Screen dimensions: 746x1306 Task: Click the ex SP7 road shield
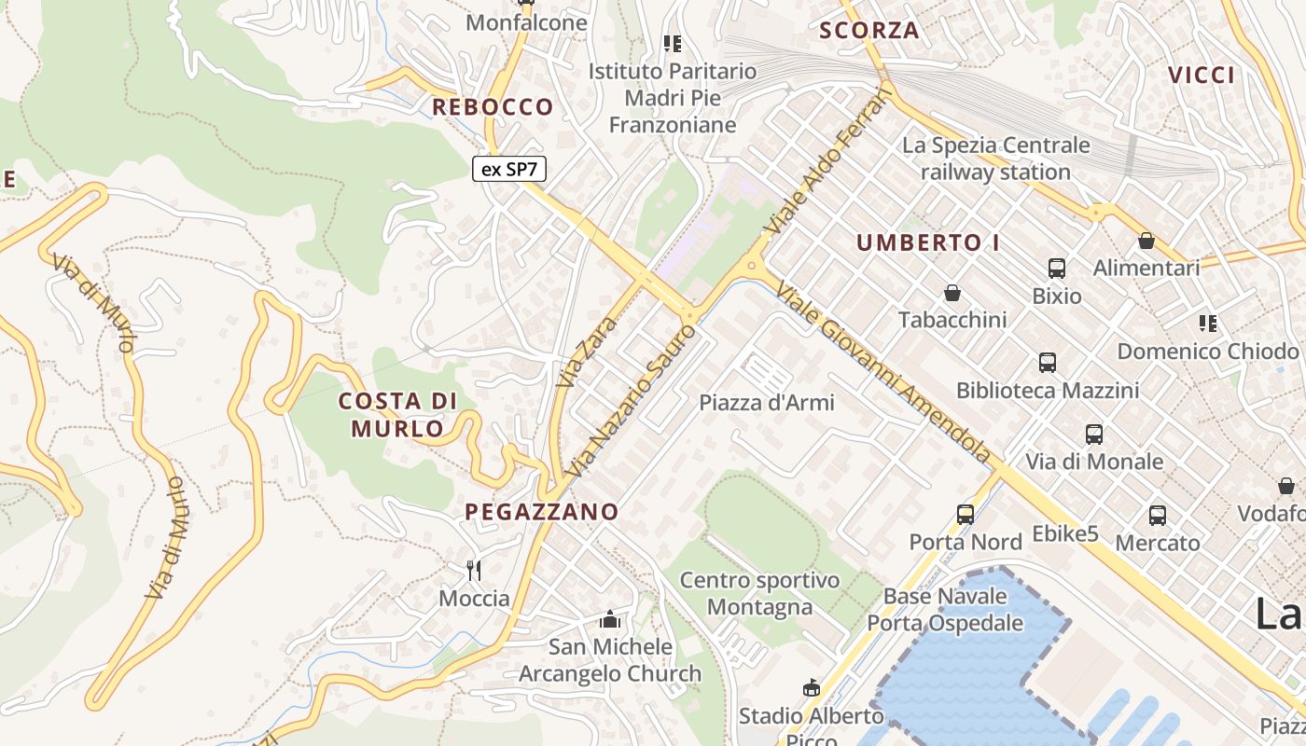[508, 169]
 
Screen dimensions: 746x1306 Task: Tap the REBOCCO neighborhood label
[493, 107]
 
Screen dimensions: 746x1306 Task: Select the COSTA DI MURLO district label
[397, 415]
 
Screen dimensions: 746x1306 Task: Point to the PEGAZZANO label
[542, 511]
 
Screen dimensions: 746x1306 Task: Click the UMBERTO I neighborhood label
[928, 243]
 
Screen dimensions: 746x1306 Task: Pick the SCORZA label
[869, 31]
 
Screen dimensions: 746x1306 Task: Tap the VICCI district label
[1202, 76]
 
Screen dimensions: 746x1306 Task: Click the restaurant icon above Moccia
[474, 570]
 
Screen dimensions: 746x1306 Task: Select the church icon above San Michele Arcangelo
[610, 618]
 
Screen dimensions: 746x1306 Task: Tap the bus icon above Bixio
[1056, 269]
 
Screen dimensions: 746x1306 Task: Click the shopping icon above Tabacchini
[952, 293]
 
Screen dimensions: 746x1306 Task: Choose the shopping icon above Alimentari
[1146, 241]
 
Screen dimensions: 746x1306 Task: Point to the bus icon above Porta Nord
[966, 514]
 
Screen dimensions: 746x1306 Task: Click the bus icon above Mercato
[1157, 515]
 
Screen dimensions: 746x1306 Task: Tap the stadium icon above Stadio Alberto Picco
[811, 688]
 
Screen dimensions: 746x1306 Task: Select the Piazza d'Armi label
[767, 403]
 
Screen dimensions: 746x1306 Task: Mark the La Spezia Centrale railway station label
[995, 159]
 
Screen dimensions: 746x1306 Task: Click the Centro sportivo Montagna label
[759, 594]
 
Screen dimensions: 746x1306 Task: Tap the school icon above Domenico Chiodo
[1207, 324]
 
